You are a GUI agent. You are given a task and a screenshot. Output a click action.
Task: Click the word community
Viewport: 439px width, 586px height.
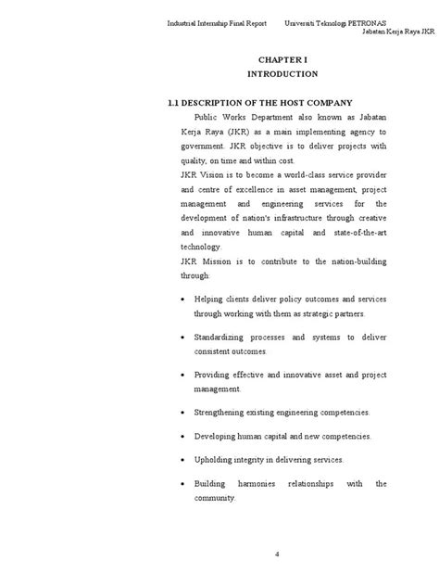tap(214, 499)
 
